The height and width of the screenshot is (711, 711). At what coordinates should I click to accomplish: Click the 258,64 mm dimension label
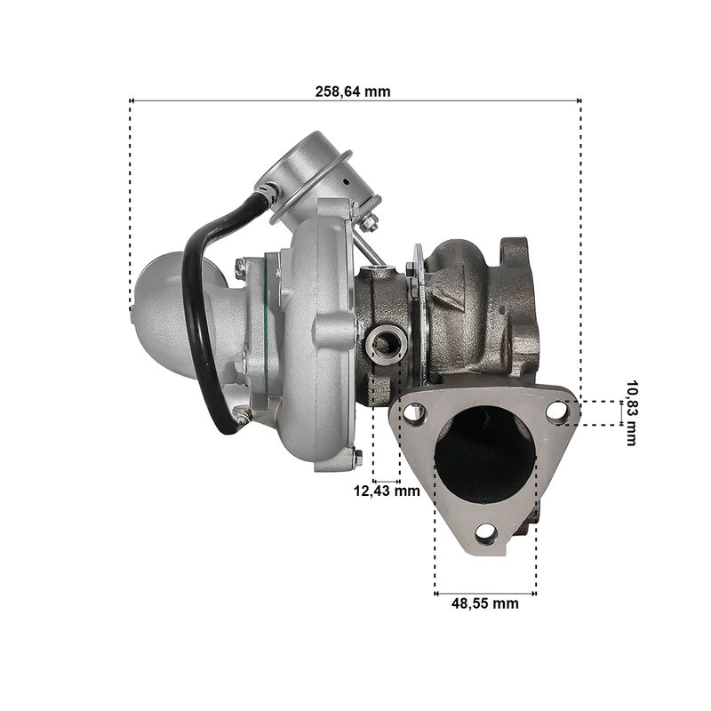point(353,92)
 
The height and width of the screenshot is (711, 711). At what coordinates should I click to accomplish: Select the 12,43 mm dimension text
point(387,491)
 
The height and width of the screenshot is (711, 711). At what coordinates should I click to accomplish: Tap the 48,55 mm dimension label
point(484,603)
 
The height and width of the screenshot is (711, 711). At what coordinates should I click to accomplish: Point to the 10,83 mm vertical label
point(631,413)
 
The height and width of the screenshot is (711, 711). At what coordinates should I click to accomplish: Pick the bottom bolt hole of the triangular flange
point(486,534)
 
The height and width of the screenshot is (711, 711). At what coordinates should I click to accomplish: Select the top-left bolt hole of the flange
point(412,413)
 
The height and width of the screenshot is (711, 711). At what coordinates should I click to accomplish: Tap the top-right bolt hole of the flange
point(557,412)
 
